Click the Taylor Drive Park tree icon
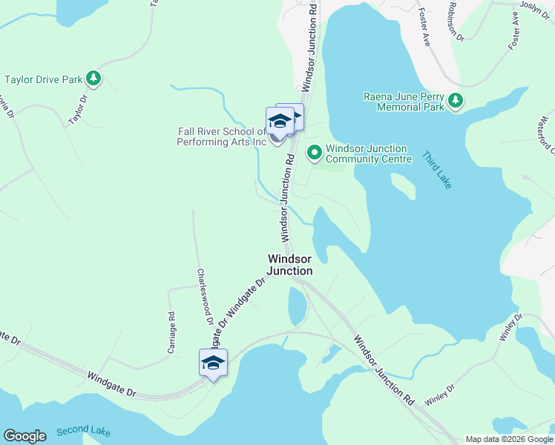(x=93, y=77)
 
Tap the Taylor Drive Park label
(x=44, y=78)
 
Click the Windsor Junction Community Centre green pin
(x=314, y=152)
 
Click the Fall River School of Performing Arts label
(x=222, y=136)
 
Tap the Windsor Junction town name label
(x=290, y=265)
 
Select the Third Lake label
(x=436, y=170)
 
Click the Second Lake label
(x=82, y=430)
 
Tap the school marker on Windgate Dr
(x=213, y=363)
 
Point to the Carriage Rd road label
(x=171, y=332)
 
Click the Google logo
(x=24, y=436)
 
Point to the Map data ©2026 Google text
(x=508, y=439)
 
